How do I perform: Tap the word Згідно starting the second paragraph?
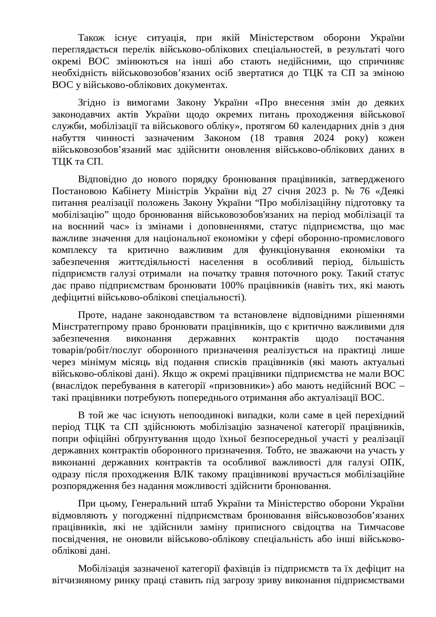tap(92, 102)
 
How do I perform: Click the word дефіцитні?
tap(72, 297)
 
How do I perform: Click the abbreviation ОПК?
tap(394, 462)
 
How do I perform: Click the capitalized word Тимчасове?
tap(381, 527)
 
